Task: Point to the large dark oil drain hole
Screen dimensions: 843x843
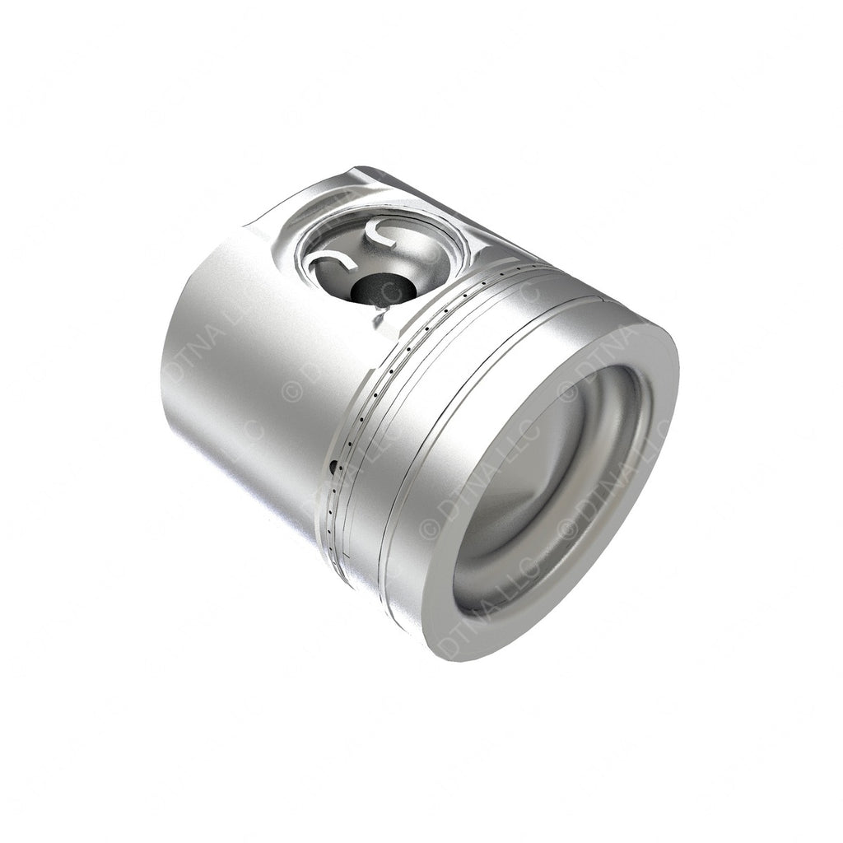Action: (333, 468)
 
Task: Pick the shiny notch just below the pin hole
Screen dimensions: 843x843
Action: (380, 313)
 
